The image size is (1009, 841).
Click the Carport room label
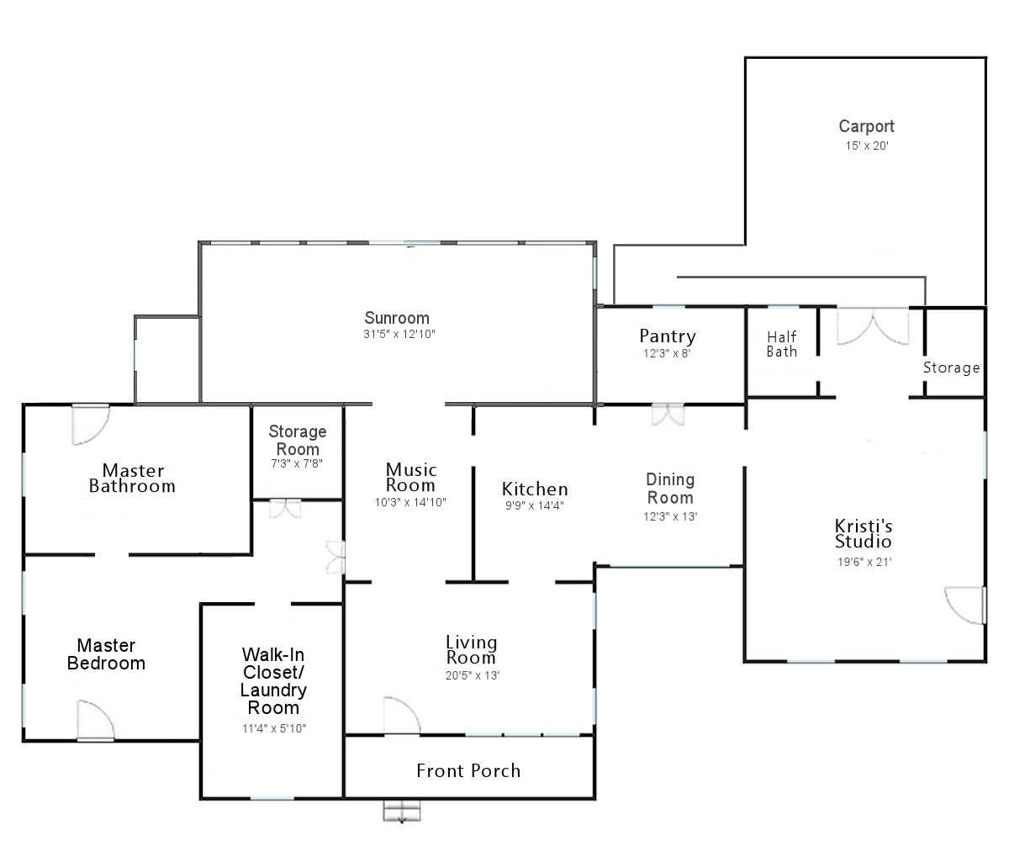(866, 126)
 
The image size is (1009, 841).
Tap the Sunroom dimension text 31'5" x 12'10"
(399, 334)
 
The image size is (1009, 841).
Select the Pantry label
(668, 336)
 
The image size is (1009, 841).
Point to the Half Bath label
(781, 344)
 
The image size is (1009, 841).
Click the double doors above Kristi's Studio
(873, 326)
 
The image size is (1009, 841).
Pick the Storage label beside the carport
(951, 368)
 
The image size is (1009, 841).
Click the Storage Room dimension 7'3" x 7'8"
(297, 463)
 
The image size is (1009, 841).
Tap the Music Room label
(411, 477)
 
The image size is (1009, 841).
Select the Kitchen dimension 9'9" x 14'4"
(535, 505)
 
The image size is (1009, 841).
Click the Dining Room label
(670, 488)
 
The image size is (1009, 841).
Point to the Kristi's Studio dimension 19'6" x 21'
(864, 562)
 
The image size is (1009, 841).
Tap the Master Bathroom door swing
(91, 425)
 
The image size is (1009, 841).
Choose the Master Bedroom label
(106, 654)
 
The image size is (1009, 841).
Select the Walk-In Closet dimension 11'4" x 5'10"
(273, 728)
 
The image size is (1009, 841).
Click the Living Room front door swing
(402, 716)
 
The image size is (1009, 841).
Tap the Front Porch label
(468, 770)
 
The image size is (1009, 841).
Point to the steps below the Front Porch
(402, 811)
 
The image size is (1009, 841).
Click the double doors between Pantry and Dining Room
(668, 415)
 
